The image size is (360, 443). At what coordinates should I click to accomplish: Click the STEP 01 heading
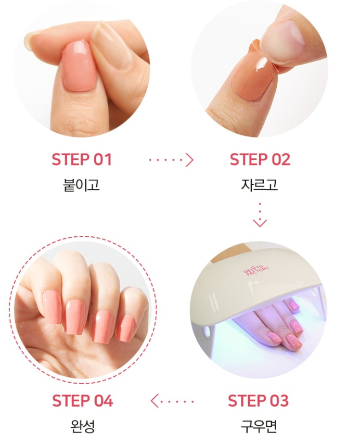point(82,159)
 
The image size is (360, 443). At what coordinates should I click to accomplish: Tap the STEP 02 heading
point(260,159)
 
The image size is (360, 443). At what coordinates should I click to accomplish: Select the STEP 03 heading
point(259,401)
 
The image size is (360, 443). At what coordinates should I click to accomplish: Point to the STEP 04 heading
point(82,401)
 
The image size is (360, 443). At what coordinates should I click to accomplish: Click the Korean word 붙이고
point(81,185)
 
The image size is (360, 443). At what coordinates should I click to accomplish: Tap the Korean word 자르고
point(260,185)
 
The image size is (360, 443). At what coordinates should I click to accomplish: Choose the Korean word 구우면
point(259,426)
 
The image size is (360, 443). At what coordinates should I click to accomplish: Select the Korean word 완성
point(82,426)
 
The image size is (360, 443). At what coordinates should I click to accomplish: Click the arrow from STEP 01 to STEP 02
point(171,160)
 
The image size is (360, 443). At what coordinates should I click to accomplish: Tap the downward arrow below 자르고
point(260,214)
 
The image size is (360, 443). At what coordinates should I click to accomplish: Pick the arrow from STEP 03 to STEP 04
point(172,401)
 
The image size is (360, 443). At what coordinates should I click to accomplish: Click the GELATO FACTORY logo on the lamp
point(256,270)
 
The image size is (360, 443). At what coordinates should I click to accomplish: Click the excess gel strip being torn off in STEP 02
point(268,62)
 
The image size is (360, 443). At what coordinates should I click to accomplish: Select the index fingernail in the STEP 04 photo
point(52,307)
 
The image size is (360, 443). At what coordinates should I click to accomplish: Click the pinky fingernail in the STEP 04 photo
point(126,329)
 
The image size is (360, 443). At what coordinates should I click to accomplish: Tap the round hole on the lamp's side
point(208,332)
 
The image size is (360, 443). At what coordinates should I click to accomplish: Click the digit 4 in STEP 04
point(108,401)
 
